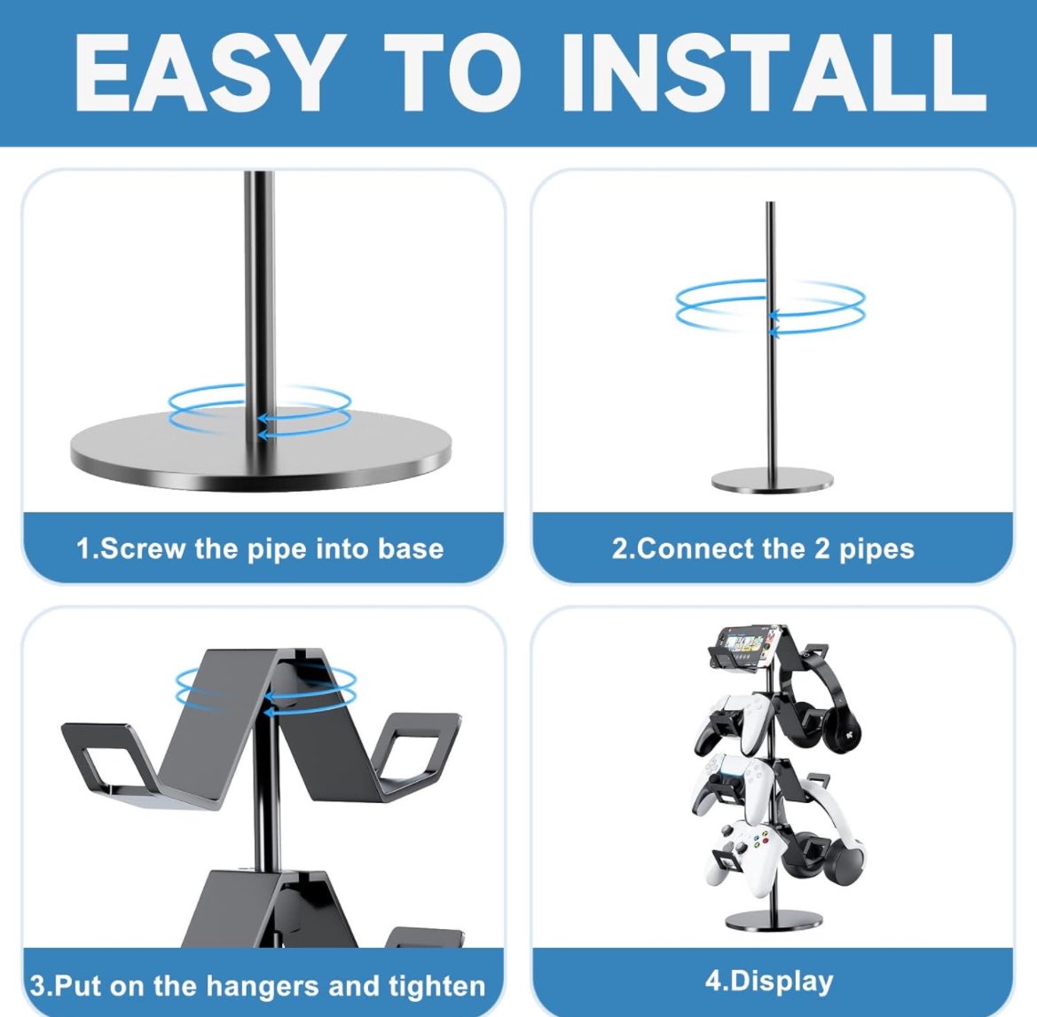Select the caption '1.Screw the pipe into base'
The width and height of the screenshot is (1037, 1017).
tap(260, 548)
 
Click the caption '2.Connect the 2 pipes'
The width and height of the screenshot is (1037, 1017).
tap(763, 548)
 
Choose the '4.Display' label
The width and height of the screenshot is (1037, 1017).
tap(769, 981)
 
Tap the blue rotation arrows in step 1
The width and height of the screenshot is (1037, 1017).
tap(260, 411)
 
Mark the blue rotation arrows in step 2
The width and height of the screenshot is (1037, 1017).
tap(770, 307)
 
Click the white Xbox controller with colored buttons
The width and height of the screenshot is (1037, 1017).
tap(745, 855)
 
